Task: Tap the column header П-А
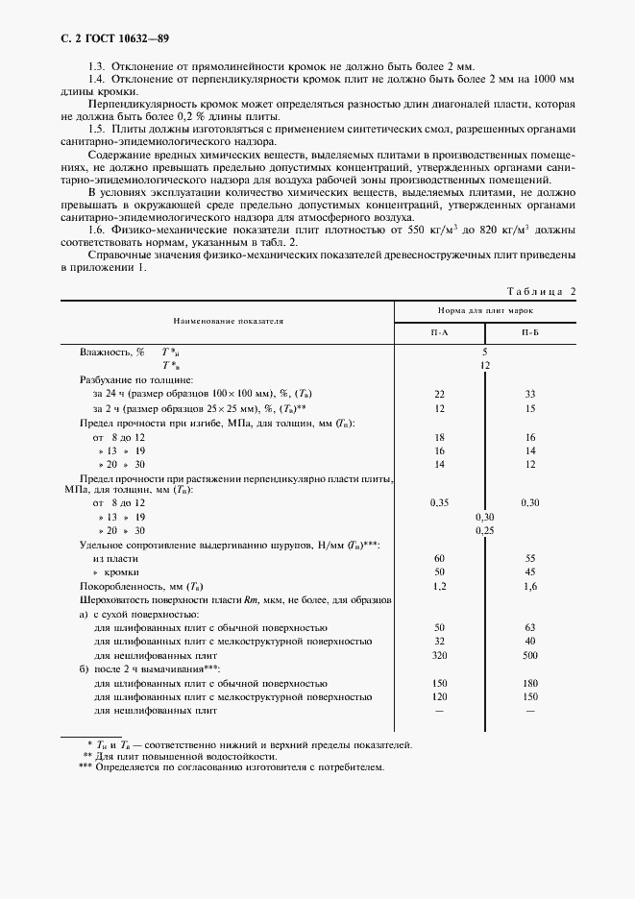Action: tap(439, 331)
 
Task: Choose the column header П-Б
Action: tap(530, 331)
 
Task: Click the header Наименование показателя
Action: tap(228, 318)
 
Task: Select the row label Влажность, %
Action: tap(111, 352)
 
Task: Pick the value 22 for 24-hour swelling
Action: tap(439, 394)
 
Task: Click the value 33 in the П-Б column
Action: tap(530, 394)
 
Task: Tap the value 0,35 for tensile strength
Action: tap(439, 502)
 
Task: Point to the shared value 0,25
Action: tap(485, 530)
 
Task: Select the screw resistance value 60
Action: tap(439, 558)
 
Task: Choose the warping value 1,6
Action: tap(530, 586)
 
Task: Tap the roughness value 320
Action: tap(439, 655)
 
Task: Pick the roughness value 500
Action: tap(530, 655)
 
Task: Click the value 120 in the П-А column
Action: tap(439, 696)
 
